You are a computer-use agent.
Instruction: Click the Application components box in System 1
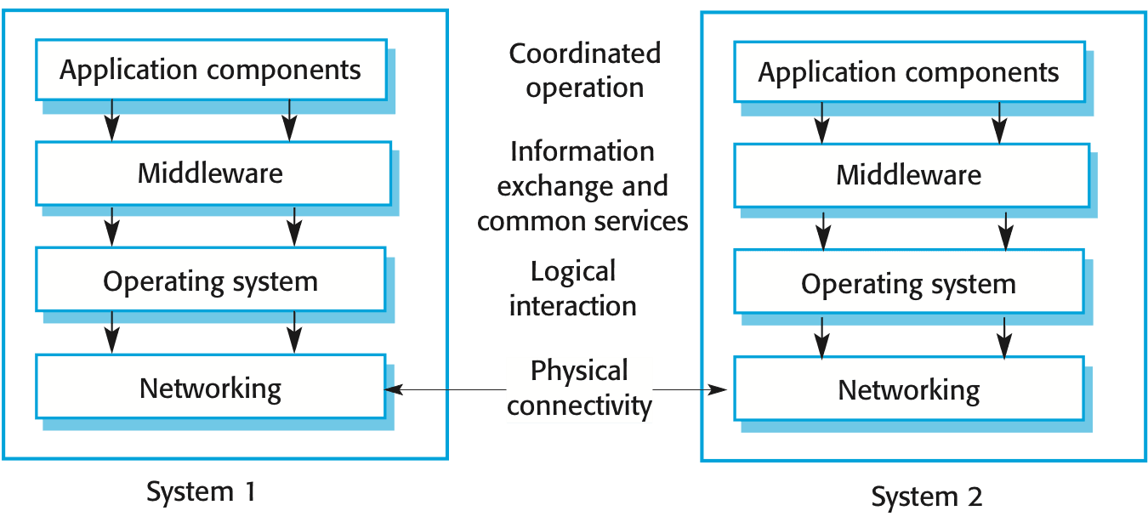(210, 69)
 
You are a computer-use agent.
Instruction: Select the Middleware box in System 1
(211, 173)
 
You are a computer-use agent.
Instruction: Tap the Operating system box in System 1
(211, 281)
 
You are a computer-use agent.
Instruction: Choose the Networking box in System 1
(211, 389)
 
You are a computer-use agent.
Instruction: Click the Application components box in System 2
(908, 72)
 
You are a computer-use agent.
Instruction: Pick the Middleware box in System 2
(909, 175)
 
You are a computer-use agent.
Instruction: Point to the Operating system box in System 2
(908, 283)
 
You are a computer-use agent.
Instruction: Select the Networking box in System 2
(908, 390)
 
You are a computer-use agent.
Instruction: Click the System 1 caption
(201, 491)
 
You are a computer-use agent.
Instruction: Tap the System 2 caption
(927, 495)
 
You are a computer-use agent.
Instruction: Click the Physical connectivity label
(579, 389)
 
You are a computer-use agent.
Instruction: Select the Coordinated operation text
(584, 70)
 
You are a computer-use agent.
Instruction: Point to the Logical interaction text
(572, 288)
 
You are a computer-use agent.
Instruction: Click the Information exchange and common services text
(583, 186)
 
